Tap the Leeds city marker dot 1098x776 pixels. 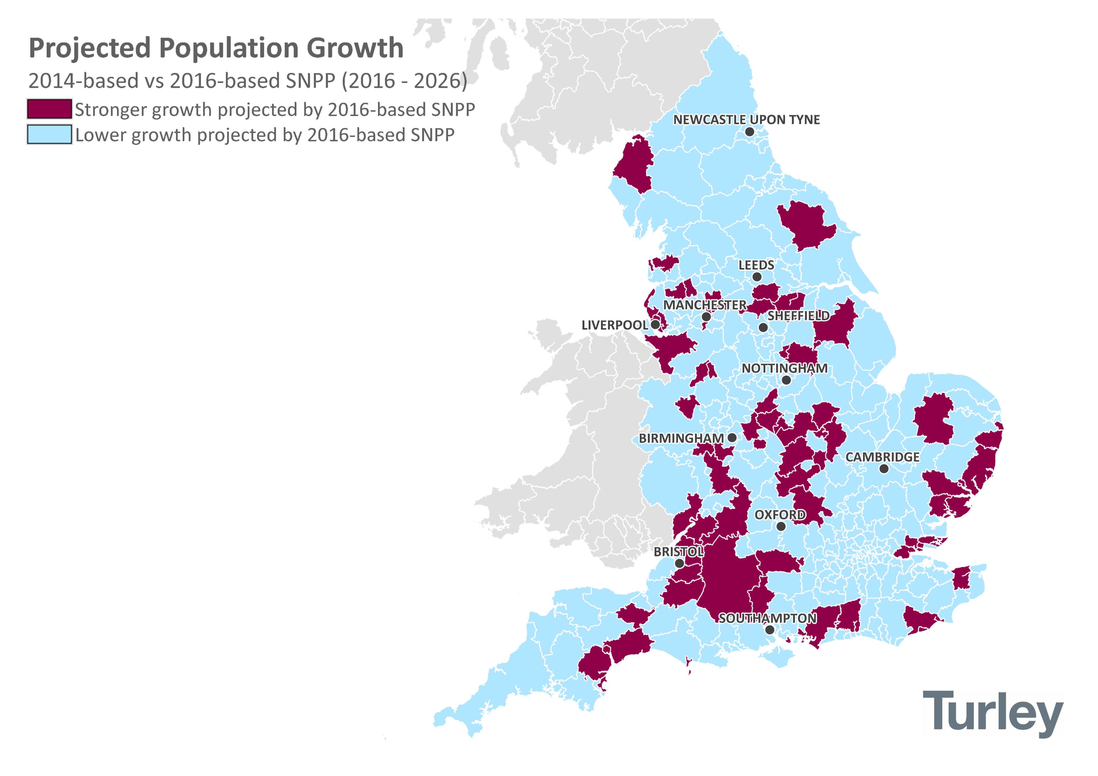(x=757, y=277)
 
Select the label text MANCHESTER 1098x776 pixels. (x=704, y=305)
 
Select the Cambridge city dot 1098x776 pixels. (x=884, y=469)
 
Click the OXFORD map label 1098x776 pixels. (x=780, y=515)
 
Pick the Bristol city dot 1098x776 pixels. (x=679, y=563)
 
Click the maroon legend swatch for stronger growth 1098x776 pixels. (x=49, y=109)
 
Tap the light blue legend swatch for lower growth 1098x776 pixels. (x=49, y=134)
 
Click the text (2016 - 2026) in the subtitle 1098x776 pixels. (x=404, y=81)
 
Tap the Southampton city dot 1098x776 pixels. (x=769, y=630)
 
